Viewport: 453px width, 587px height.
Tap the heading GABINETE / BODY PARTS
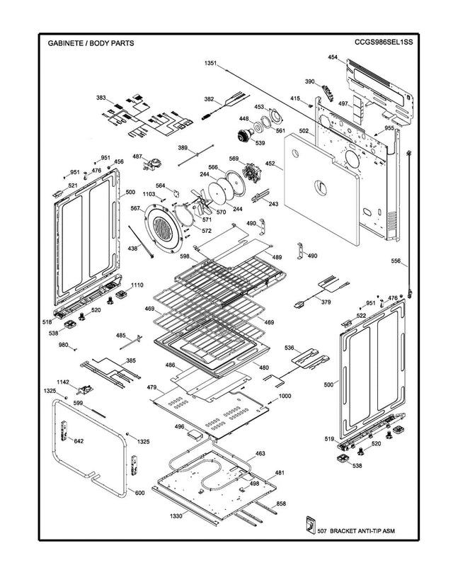point(91,43)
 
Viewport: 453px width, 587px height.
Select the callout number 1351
point(210,64)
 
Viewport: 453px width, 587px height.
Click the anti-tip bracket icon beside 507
point(309,525)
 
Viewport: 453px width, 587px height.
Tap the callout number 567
point(134,208)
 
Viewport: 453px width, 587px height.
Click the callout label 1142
point(62,382)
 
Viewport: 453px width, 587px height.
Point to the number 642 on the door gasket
point(79,441)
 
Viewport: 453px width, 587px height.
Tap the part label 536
point(289,348)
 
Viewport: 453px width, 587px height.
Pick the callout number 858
point(281,503)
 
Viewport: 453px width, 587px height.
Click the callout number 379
point(326,302)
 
